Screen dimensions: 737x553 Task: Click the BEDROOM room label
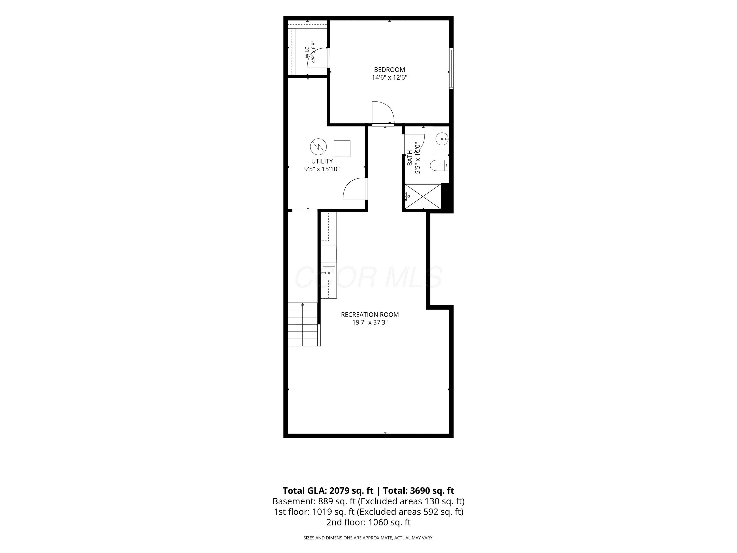coord(389,70)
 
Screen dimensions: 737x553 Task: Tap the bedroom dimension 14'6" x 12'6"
coord(389,78)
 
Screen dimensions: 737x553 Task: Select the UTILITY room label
coord(322,161)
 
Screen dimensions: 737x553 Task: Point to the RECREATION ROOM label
coord(370,315)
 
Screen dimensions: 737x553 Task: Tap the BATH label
coord(410,158)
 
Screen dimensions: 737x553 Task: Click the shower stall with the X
coord(423,196)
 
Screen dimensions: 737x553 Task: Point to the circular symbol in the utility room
coord(318,147)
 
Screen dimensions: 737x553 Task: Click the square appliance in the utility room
coord(342,149)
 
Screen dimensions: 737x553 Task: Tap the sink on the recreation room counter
coord(328,273)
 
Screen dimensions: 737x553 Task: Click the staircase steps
coord(302,324)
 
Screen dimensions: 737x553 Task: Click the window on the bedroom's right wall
coord(452,68)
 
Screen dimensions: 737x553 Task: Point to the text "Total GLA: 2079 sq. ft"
coord(328,491)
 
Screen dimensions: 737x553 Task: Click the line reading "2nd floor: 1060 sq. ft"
coord(368,522)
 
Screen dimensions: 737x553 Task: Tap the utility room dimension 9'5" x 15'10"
coord(322,169)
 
